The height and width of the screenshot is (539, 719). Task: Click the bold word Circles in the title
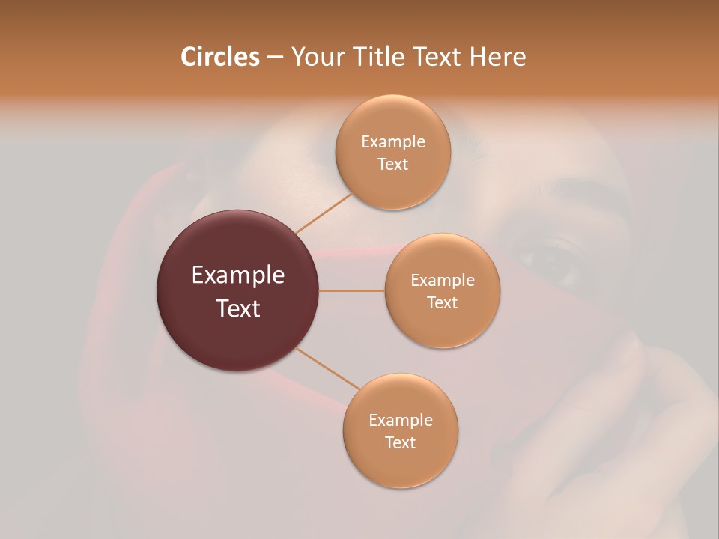(220, 57)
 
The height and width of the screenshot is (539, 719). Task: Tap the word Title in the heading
(378, 57)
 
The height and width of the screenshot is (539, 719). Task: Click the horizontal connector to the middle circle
(351, 290)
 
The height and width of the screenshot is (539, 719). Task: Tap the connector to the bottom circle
(328, 369)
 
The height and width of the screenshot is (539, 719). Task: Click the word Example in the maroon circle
(238, 275)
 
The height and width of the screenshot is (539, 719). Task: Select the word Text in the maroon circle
(238, 308)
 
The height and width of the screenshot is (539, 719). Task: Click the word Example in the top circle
(393, 141)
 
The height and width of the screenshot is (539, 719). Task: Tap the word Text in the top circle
(393, 164)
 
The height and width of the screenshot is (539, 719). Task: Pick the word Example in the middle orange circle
(443, 280)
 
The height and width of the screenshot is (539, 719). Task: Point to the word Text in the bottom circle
(400, 442)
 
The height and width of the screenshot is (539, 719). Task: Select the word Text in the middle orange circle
(443, 302)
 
